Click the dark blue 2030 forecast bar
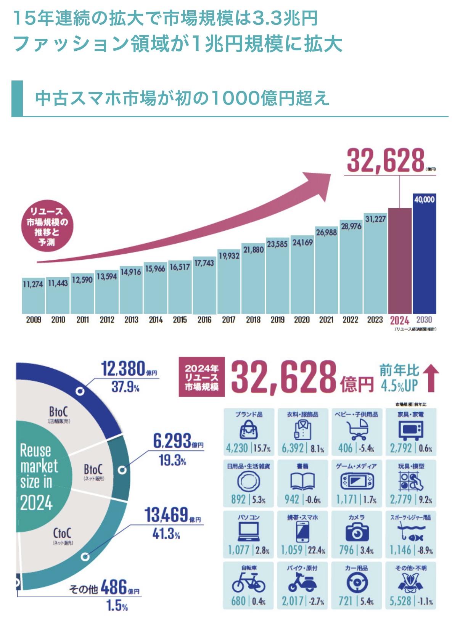pos(425,256)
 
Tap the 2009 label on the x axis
pos(34,320)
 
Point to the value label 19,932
pos(229,256)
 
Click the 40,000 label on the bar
pos(425,199)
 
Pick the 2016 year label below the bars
pos(204,320)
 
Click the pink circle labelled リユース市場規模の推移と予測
pos(47,226)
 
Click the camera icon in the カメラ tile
pos(357,532)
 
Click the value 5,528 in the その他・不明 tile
pos(400,601)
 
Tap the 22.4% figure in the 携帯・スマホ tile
pos(317,551)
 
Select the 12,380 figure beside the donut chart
pos(123,369)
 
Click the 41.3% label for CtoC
pos(166,534)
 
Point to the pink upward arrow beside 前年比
pos(431,378)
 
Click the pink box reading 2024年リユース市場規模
pos(201,377)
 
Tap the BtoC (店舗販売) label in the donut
pos(59,414)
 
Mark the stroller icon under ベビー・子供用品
pos(357,430)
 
